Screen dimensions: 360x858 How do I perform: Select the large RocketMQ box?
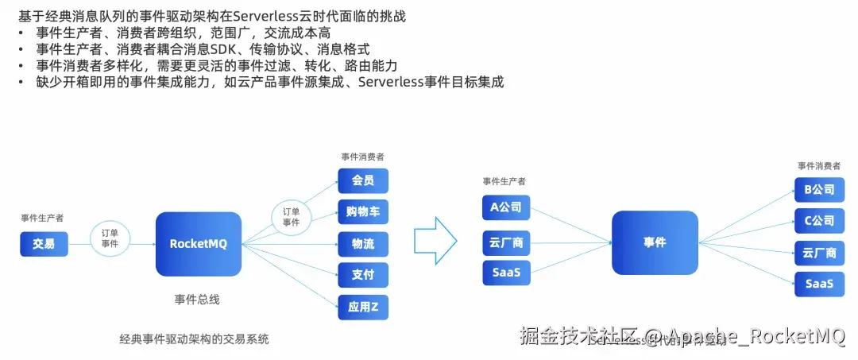(199, 244)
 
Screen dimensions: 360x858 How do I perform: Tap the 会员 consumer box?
(363, 180)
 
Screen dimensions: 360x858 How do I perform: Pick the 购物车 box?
(363, 211)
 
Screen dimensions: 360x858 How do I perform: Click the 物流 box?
(363, 243)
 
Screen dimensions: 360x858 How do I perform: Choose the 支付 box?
(363, 275)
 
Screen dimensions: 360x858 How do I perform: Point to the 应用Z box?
(363, 307)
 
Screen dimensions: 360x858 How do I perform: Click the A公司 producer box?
(506, 207)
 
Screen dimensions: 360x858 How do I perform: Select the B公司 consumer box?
(819, 190)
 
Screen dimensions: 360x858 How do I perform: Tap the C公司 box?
(819, 221)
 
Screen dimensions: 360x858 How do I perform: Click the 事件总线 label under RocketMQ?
(197, 300)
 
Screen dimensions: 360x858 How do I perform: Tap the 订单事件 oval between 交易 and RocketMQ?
(110, 238)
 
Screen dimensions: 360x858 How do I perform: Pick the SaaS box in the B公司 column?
(819, 284)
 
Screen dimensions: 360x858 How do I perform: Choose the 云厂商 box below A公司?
(506, 241)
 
